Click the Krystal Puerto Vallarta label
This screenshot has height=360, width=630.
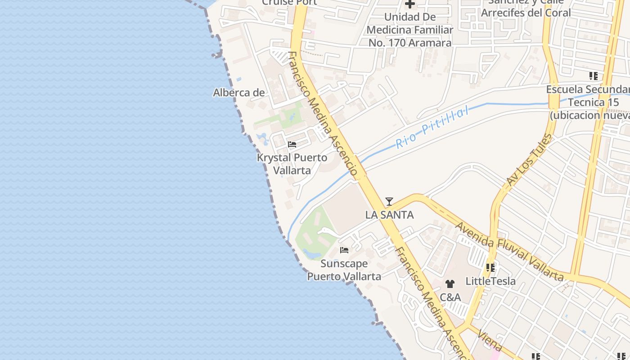point(292,164)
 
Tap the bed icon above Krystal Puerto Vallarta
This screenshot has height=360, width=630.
point(292,144)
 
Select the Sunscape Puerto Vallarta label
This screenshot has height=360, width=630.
point(344,270)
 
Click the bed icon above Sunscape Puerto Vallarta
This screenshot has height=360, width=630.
point(344,250)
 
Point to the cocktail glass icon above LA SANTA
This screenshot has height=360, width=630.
point(389,201)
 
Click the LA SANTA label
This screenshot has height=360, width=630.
point(389,215)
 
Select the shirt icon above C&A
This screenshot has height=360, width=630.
point(450,284)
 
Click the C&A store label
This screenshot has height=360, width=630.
point(450,297)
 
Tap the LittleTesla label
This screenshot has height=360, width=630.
point(490,281)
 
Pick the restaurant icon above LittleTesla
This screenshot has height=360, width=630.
point(490,268)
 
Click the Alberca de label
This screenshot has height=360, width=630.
point(238,93)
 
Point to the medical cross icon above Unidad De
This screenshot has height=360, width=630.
point(409,4)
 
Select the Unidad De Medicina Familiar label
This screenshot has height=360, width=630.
point(409,30)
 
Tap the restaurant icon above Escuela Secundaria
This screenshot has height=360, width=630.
point(594,76)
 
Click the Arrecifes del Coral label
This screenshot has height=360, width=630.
point(526,12)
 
